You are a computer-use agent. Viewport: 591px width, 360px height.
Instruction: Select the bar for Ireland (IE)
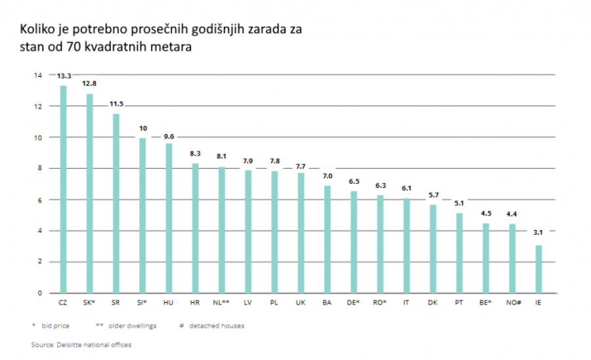(538, 269)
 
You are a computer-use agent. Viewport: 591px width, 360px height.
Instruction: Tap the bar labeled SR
(116, 203)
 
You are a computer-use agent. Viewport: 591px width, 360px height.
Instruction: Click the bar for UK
(301, 233)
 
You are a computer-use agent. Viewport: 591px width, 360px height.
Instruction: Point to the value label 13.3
(64, 76)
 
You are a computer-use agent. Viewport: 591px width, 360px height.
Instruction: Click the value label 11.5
(116, 104)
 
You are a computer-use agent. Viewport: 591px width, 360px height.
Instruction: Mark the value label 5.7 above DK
(433, 196)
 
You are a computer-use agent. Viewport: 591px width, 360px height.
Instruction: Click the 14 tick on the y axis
(37, 76)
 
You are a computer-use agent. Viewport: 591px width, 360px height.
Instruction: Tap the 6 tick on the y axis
(39, 200)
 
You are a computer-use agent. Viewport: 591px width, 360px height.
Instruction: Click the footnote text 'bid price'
(56, 325)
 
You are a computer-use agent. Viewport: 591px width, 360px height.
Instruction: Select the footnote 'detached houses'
(217, 325)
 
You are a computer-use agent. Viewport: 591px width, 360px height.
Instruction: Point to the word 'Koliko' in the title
(37, 30)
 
